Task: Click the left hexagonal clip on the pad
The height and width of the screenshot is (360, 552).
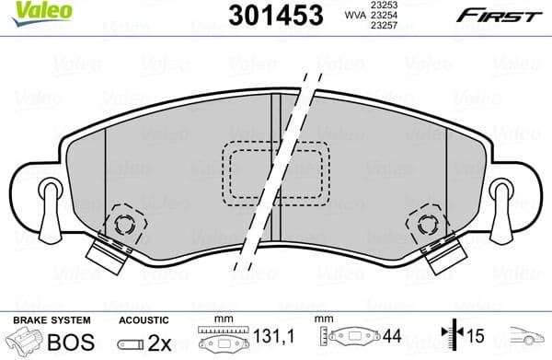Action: point(124,223)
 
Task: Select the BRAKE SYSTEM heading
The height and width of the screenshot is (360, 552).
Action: point(51,319)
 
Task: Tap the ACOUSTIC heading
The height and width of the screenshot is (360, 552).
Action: point(144,319)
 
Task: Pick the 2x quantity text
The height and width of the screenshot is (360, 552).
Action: point(161,343)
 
